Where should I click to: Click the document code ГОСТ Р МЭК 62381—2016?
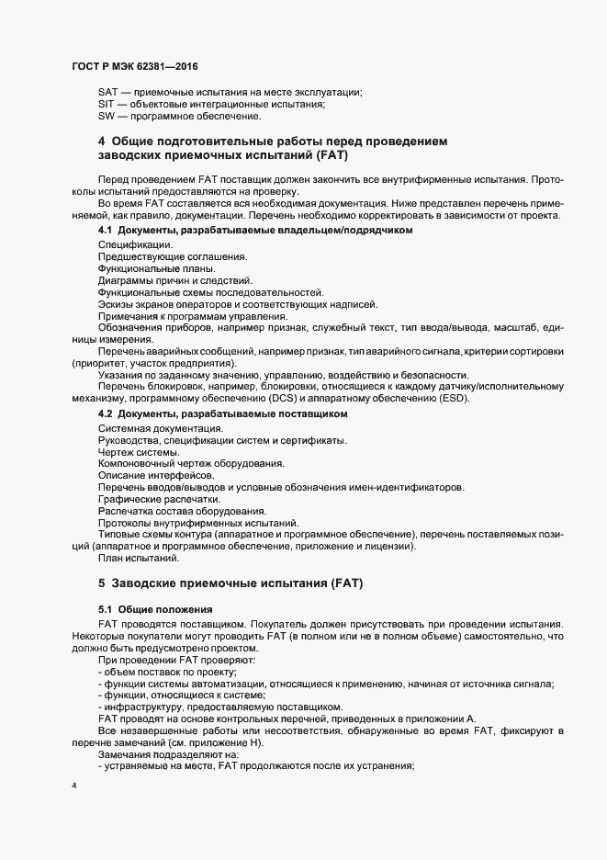tap(133, 67)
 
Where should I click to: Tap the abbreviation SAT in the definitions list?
tap(107, 90)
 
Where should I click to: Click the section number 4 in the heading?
tap(101, 141)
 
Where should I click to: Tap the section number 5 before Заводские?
tap(101, 583)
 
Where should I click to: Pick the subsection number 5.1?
tap(105, 608)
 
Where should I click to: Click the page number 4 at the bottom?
tap(73, 786)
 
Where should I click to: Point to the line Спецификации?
tap(134, 243)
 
